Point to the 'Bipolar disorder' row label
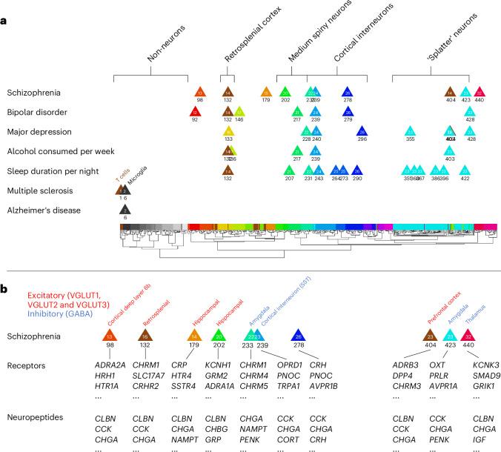[x=36, y=112]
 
